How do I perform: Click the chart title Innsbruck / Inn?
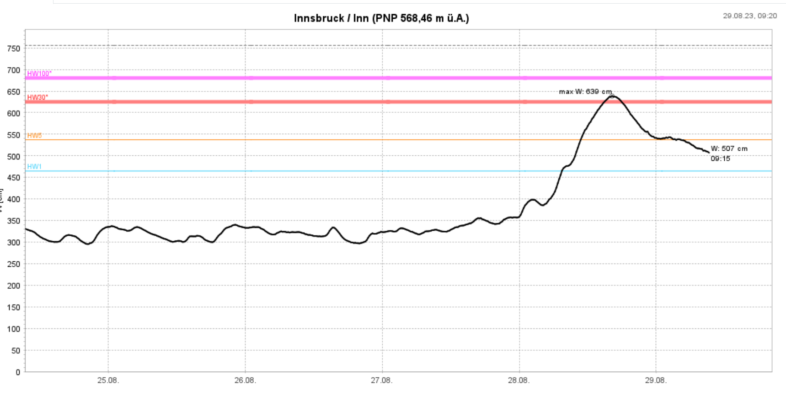(x=381, y=18)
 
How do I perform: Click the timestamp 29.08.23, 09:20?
(x=749, y=16)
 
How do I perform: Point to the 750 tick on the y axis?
(x=14, y=48)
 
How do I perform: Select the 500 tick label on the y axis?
(x=14, y=156)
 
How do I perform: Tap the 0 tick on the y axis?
(x=17, y=372)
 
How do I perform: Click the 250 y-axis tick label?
(x=14, y=264)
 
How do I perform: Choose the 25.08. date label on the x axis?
(x=108, y=380)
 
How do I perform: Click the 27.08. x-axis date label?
(x=382, y=380)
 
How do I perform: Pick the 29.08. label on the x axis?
(x=656, y=380)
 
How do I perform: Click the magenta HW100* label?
(x=39, y=74)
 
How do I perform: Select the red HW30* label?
(x=37, y=97)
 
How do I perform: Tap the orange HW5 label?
(x=34, y=136)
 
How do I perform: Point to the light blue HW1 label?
(x=34, y=166)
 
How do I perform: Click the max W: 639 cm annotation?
(x=585, y=91)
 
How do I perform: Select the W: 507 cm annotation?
(x=729, y=148)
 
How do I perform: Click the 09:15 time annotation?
(x=720, y=158)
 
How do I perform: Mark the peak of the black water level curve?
(x=612, y=96)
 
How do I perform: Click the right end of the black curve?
(x=709, y=152)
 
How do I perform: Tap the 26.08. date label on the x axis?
(x=245, y=380)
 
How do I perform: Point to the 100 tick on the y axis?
(x=14, y=329)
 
